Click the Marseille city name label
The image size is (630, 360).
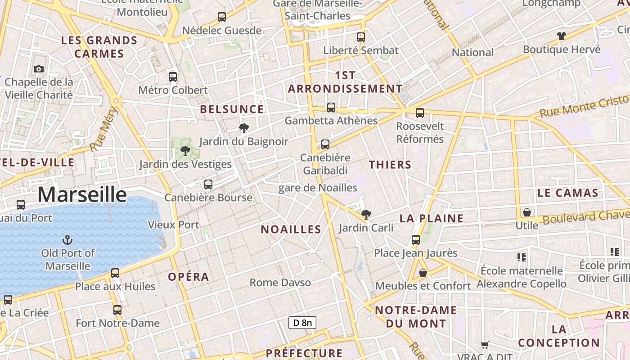coord(82,194)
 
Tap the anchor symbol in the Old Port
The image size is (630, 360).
coord(67,239)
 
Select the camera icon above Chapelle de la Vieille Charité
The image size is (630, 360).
coord(39,69)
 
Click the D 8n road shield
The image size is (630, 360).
coord(302,322)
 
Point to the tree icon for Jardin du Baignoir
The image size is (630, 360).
coord(244,128)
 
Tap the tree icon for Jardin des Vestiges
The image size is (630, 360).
coord(185,151)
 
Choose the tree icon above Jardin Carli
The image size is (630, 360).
coord(366,214)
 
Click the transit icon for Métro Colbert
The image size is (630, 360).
coord(173,76)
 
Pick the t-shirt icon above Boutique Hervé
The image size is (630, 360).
coord(561,36)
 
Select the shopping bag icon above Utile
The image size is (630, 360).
coord(526,212)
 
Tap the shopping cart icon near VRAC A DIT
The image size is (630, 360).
coord(485,345)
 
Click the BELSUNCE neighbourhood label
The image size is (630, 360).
coord(232,109)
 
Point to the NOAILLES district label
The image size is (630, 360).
coord(291,229)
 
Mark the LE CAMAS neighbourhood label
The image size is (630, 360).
coord(568,193)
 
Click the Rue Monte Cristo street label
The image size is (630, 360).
coord(584,106)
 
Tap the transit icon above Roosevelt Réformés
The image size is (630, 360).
coord(420,113)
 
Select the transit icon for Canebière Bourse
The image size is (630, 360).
coord(208,184)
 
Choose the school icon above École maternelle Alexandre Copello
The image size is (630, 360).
coord(522,257)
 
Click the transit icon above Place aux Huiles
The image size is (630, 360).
coord(115,273)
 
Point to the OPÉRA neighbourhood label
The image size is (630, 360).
coord(189,277)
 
